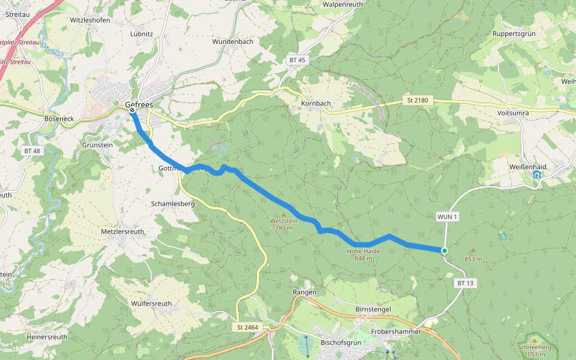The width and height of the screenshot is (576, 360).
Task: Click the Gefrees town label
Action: pyautogui.click(x=139, y=105)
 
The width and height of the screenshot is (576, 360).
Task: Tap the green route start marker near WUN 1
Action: pyautogui.click(x=444, y=251)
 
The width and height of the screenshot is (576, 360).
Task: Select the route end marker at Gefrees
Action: pyautogui.click(x=132, y=110)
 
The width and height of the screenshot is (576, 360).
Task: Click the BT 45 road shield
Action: pyautogui.click(x=297, y=60)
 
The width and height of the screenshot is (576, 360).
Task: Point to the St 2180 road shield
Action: pyautogui.click(x=416, y=100)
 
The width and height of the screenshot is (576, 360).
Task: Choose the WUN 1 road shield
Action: pyautogui.click(x=448, y=217)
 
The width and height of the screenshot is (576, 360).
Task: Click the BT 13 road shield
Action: pyautogui.click(x=465, y=283)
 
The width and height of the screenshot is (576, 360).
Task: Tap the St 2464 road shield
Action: pyautogui.click(x=247, y=327)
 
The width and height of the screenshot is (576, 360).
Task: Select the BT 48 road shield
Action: pyautogui.click(x=32, y=151)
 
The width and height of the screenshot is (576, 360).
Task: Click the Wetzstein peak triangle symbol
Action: pyautogui.click(x=284, y=214)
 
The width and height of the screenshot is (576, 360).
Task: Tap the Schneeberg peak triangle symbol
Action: pyautogui.click(x=534, y=341)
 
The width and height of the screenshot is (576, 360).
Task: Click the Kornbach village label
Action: pyautogui.click(x=316, y=103)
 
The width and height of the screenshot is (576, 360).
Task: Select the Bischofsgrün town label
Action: pyautogui.click(x=340, y=342)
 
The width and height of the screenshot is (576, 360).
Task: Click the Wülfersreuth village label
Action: pyautogui.click(x=151, y=304)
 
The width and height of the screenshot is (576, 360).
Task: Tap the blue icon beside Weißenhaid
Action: pyautogui.click(x=536, y=175)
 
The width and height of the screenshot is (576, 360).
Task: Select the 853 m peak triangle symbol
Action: pyautogui.click(x=473, y=251)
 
